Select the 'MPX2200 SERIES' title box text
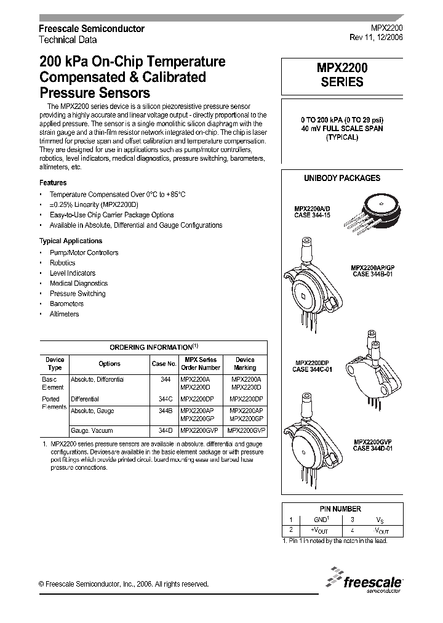pyautogui.click(x=342, y=76)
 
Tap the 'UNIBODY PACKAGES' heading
pyautogui.click(x=342, y=178)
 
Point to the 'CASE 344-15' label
pyautogui.click(x=312, y=215)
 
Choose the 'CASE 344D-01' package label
pyautogui.click(x=373, y=448)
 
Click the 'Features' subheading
pyautogui.click(x=53, y=183)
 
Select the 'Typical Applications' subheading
pyautogui.click(x=71, y=241)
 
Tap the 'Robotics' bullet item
pyautogui.click(x=62, y=263)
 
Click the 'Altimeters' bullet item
pyautogui.click(x=64, y=314)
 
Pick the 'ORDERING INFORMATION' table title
pyautogui.click(x=153, y=347)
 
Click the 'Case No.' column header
pyautogui.click(x=164, y=363)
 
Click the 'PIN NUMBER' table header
pyautogui.click(x=340, y=509)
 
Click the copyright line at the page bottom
pyautogui.click(x=124, y=584)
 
